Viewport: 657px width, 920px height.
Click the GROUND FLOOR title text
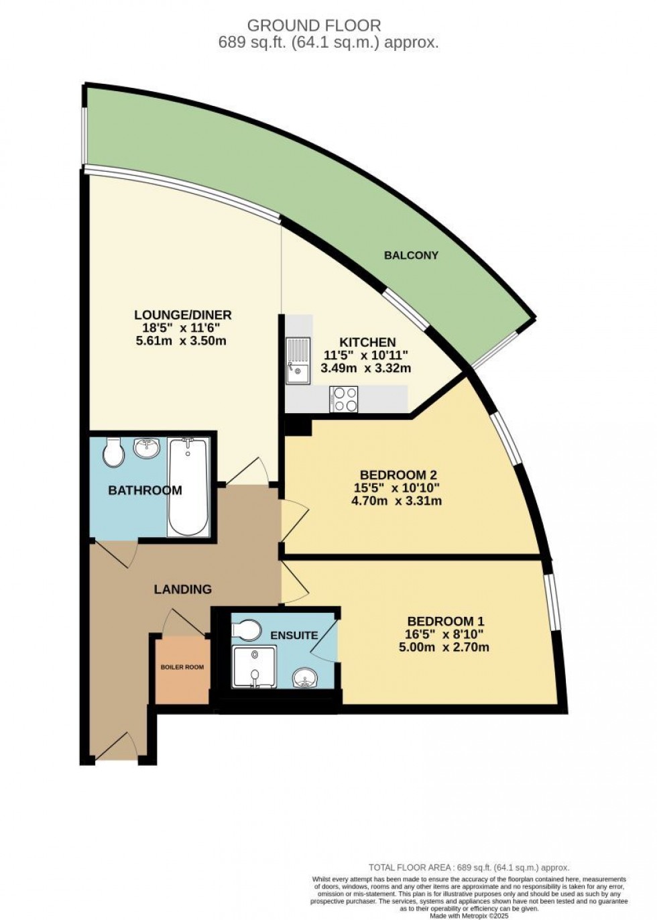[x=314, y=26]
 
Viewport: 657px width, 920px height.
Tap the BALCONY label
[x=411, y=255]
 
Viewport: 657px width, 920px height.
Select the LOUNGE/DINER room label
[x=183, y=314]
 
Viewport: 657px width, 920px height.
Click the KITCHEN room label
[x=367, y=342]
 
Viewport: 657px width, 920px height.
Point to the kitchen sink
[x=297, y=360]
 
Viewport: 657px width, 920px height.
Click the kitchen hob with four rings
[x=344, y=399]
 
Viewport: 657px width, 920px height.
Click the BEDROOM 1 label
[x=445, y=621]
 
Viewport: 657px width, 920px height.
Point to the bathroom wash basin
[x=147, y=447]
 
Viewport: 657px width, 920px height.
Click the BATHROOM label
[x=145, y=490]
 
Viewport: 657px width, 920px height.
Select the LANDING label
[x=182, y=589]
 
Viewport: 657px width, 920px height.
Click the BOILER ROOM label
[x=182, y=667]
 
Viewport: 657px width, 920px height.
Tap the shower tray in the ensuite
[x=254, y=667]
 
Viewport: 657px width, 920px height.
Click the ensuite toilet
[x=246, y=630]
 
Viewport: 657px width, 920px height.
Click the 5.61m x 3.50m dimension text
[x=180, y=341]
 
